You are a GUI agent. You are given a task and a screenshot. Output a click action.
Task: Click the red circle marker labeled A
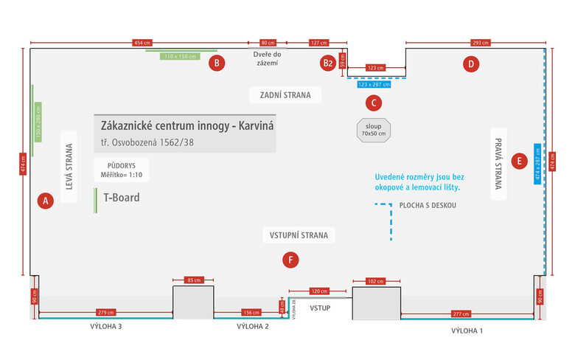pos(45,200)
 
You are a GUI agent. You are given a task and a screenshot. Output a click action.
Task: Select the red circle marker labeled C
pos(374,103)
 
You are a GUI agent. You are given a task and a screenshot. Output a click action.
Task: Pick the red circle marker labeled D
pos(471,64)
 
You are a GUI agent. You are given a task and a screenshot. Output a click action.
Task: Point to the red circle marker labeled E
pos(520,160)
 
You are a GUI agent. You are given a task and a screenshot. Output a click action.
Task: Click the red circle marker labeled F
pos(293,260)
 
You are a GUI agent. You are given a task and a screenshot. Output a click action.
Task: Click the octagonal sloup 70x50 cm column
pos(374,130)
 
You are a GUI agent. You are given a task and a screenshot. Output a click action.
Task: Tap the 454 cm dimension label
pos(142,43)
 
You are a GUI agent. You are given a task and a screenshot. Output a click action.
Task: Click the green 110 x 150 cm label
pos(181,56)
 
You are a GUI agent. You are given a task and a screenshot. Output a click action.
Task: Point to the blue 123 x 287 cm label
pos(374,84)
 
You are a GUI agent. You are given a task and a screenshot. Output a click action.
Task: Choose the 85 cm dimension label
pos(193,280)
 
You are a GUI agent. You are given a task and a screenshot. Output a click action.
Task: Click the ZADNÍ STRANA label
pos(285,94)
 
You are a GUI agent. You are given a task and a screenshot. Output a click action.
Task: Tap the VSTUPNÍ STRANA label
pos(299,235)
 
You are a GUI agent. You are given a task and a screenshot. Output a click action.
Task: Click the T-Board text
pos(121,198)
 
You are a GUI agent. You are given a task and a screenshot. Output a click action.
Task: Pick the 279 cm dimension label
pos(106,313)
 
